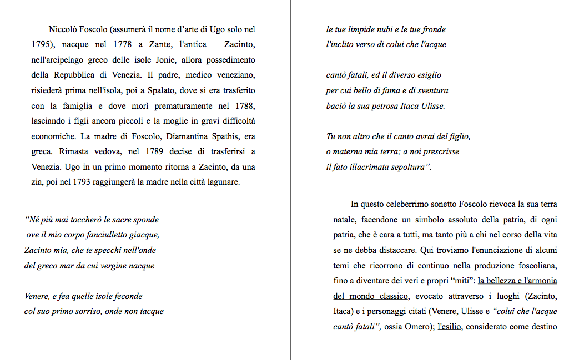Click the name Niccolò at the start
coord(63,29)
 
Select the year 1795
coord(41,44)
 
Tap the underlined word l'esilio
coord(450,327)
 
